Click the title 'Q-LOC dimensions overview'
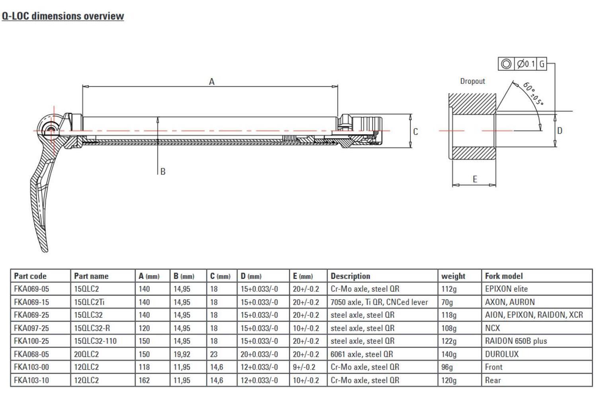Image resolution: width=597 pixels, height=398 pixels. pos(63,16)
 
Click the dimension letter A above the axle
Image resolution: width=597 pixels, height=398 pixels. pos(212,82)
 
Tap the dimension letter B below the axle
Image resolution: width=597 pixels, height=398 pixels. pos(163,172)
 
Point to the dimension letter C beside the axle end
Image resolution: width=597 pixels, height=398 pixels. pos(416,132)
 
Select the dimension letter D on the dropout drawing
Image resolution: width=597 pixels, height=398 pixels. pos(560,131)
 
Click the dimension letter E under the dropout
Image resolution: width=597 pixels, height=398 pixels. pos(475,179)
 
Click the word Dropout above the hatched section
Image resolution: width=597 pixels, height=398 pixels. pos(472,81)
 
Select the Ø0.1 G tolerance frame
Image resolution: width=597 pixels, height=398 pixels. pos(522,64)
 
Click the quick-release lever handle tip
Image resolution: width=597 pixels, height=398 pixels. pos(44,248)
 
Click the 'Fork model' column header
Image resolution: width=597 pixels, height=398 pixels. pos(503,276)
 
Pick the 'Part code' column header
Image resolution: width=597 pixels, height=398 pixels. pos(30,276)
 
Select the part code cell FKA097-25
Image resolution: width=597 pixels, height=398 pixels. pos(31,328)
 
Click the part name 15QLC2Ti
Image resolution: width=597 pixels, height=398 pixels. pos(89,302)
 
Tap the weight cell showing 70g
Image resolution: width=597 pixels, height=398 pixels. pos(447,302)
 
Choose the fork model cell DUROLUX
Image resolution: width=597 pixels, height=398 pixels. pos(501,354)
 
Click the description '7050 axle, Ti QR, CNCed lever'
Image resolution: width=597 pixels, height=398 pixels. pos(379,302)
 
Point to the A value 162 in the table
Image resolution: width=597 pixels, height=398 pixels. pos(144,380)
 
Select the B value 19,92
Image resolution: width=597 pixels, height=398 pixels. pos(182,354)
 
